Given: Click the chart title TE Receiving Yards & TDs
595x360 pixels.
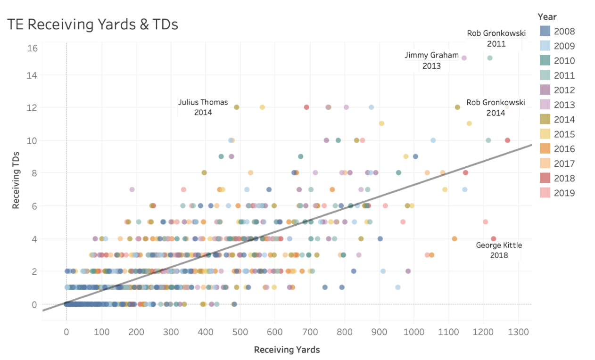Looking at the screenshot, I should point(92,24).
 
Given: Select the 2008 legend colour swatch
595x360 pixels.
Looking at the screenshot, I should point(545,32).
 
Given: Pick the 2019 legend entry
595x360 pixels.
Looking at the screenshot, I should point(564,193).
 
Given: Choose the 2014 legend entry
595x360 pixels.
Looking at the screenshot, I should point(564,119).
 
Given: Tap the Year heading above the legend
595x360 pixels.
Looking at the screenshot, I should point(547,16).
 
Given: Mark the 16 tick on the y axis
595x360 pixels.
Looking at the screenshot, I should point(32,49).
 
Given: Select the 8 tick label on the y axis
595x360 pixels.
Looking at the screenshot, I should point(34,173).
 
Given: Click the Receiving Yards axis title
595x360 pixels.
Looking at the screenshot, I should point(287,350).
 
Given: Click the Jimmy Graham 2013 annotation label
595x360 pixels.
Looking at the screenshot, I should point(431,61).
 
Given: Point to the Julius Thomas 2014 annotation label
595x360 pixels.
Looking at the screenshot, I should point(203,107).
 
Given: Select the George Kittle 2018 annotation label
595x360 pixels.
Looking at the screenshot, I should point(499,250).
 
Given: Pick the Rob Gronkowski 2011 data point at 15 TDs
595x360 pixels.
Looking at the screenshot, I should point(489,58).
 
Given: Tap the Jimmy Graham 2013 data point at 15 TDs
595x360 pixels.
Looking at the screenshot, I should point(464,58).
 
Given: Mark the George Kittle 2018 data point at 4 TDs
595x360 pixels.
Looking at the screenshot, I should point(493,239).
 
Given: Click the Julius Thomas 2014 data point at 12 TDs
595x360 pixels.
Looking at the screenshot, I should point(237,107).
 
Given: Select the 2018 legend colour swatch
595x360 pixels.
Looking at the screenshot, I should point(545,178).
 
